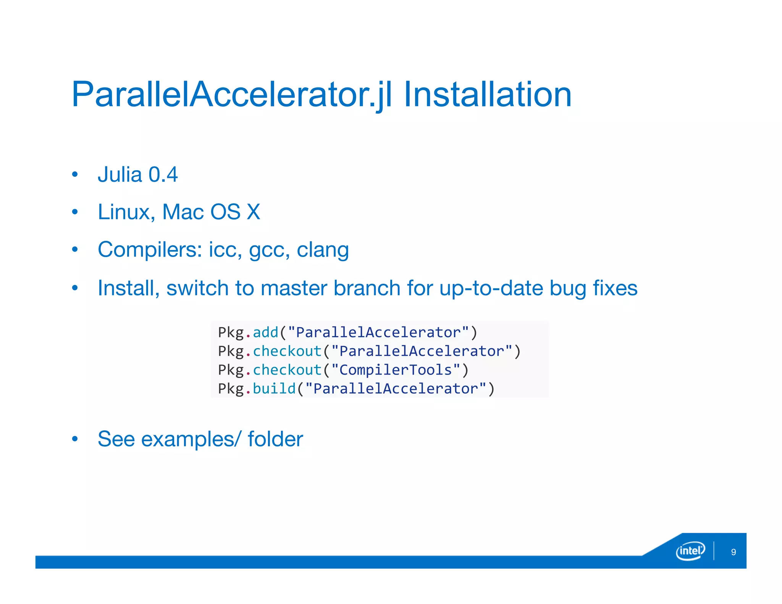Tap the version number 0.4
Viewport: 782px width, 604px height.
163,175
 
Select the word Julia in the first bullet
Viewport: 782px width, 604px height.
120,175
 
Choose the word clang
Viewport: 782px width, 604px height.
323,250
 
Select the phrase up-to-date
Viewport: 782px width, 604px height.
491,288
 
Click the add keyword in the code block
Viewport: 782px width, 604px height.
266,333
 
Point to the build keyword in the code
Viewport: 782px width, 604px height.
274,389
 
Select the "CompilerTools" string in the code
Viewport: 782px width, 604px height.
396,370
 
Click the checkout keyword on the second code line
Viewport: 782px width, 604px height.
287,351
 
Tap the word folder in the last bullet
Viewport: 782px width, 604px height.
275,439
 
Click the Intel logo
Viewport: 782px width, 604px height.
690,551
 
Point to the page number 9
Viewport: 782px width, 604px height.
733,552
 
